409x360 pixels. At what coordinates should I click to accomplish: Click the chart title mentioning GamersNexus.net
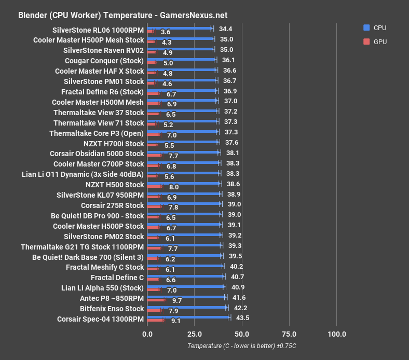pos(122,16)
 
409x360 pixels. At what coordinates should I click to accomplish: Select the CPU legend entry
pos(375,28)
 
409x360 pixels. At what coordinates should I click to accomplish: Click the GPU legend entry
pos(375,42)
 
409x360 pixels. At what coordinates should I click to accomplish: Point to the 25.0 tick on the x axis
pos(195,334)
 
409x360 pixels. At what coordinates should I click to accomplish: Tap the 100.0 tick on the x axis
pos(337,334)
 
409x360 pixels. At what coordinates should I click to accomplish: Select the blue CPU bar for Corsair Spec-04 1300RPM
pos(188,317)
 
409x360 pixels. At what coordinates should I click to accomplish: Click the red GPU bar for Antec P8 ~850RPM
pos(156,300)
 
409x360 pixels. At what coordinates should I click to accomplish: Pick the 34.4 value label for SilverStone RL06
pos(226,29)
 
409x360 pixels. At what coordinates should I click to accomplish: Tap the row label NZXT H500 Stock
pos(115,185)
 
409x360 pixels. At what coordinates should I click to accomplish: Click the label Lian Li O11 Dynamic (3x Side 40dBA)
pos(83,174)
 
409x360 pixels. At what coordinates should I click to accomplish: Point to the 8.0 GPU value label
pos(174,187)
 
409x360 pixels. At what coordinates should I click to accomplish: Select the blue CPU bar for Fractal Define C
pos(186,276)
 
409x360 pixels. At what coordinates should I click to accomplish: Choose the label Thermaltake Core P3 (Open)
pos(97,133)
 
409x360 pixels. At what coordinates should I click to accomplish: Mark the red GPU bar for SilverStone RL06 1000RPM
pos(151,32)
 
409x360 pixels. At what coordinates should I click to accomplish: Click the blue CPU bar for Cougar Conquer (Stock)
pos(182,59)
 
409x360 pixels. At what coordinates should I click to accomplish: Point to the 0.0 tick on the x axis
pos(147,334)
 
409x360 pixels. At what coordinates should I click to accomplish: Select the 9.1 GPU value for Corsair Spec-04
pos(176,321)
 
